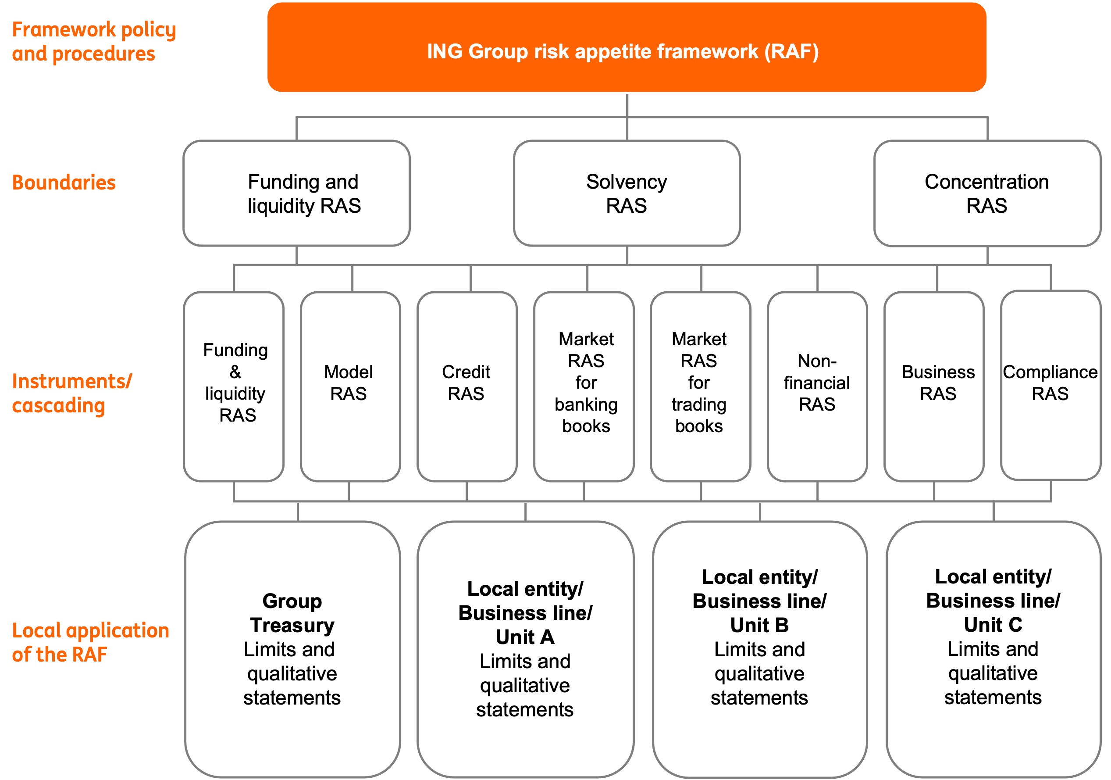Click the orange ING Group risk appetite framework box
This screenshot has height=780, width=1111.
[626, 47]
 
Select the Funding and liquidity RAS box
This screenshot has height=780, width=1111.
[296, 193]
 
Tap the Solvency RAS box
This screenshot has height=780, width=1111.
[626, 193]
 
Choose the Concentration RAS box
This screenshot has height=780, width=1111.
[986, 193]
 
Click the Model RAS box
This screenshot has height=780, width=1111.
[350, 386]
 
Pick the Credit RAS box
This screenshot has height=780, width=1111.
[466, 386]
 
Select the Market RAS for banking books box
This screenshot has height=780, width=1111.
[584, 386]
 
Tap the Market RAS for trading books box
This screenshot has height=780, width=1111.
[700, 386]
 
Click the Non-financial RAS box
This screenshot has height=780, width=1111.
[817, 386]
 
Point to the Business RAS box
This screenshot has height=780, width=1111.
[933, 386]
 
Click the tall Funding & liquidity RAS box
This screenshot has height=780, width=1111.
[234, 386]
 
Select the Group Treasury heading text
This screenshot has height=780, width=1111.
[292, 613]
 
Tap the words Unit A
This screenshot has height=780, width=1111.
[525, 637]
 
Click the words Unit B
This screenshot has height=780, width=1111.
[759, 625]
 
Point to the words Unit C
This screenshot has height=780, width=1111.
[993, 625]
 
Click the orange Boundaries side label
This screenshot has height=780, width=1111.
[64, 182]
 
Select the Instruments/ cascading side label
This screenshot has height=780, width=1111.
[71, 393]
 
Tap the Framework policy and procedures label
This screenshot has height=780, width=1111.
[93, 42]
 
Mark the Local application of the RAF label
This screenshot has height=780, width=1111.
[90, 643]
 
